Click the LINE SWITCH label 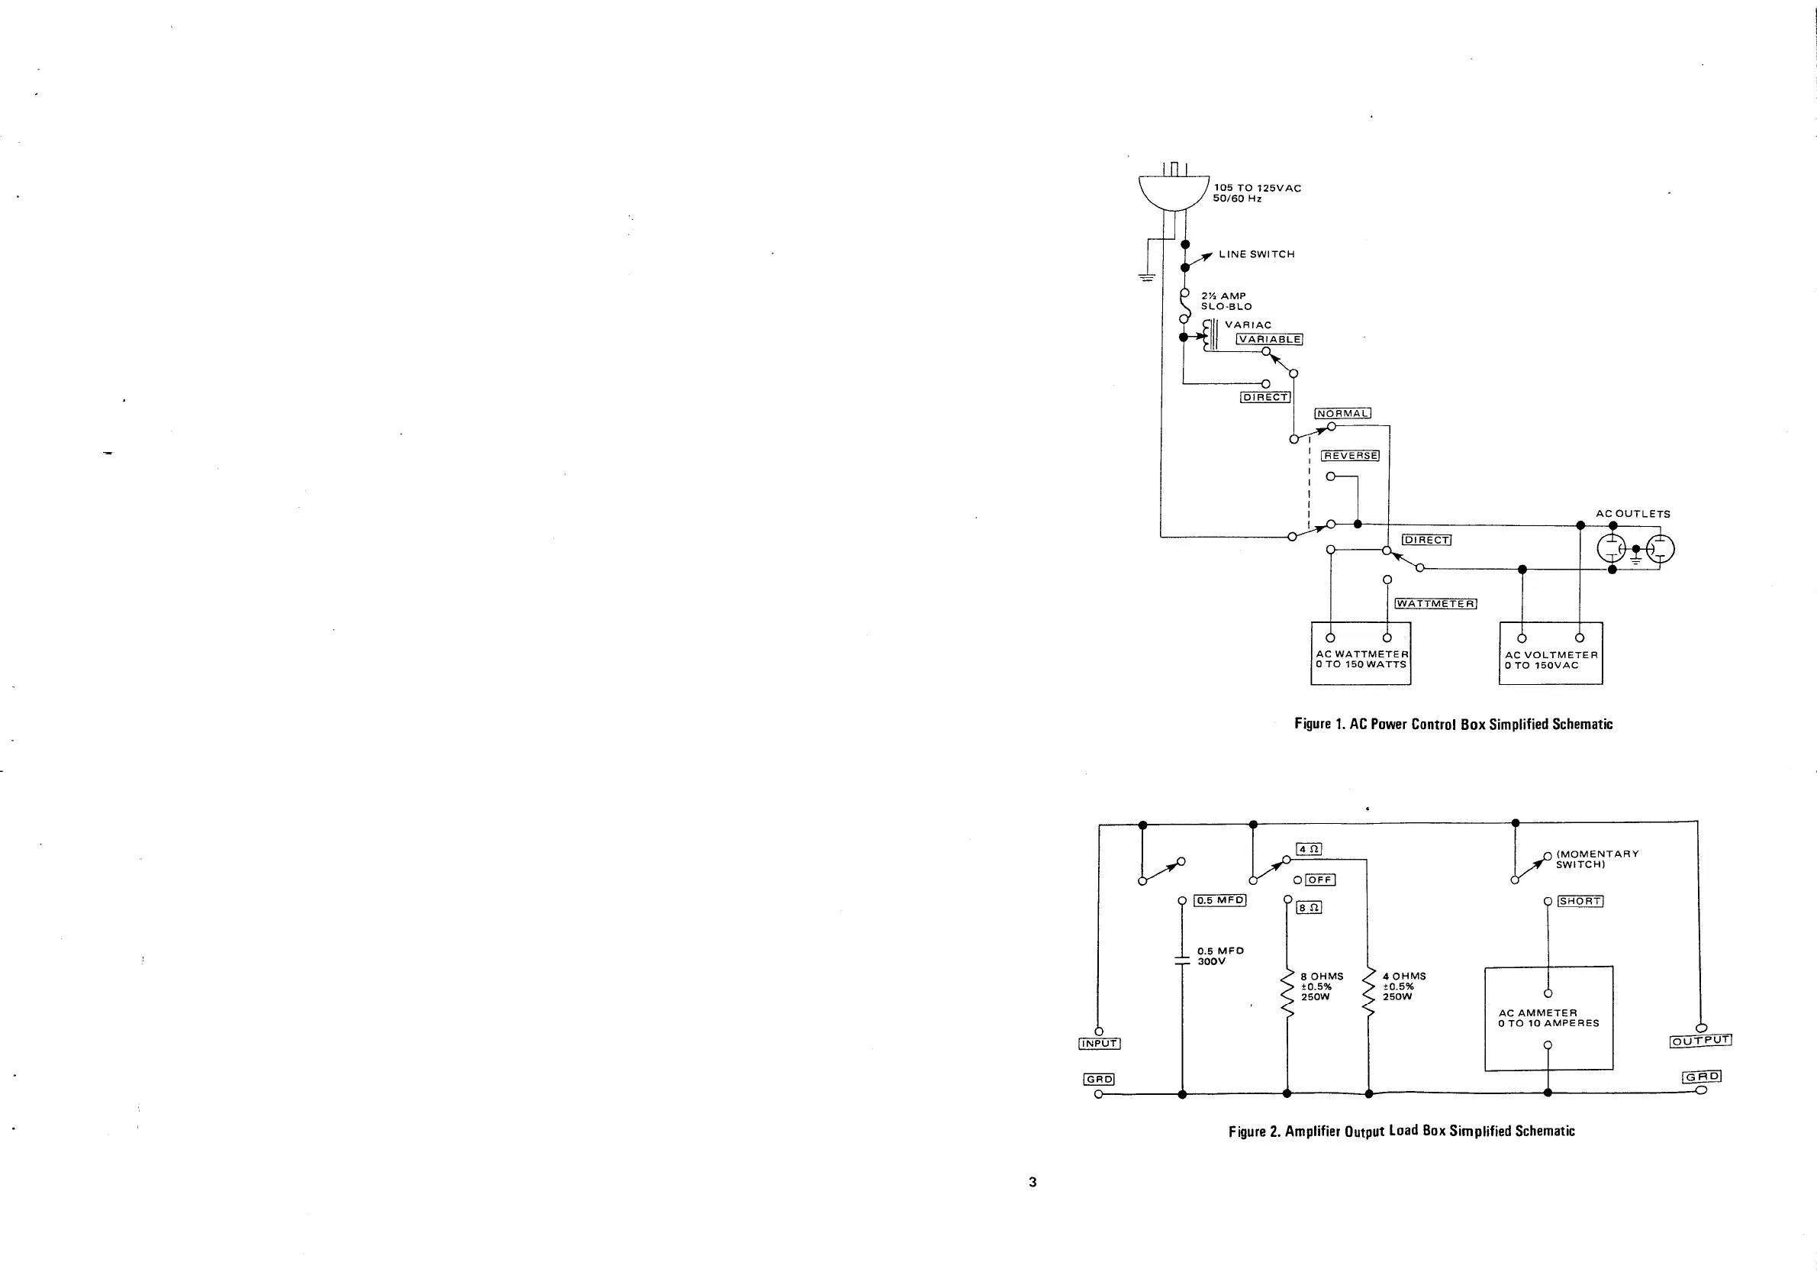(1257, 254)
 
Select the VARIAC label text (1248, 324)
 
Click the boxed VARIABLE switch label (1269, 340)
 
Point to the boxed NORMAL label (1342, 413)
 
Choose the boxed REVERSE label (1351, 456)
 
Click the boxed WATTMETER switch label (1435, 604)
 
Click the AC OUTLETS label (1632, 514)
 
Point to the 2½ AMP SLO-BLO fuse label (1226, 301)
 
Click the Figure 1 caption (1453, 724)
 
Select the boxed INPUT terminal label (1099, 1044)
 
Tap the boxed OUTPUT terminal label (1701, 1041)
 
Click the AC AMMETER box (1548, 1019)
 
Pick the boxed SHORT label (1580, 901)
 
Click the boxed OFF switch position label (1320, 880)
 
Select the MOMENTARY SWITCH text (1597, 859)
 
